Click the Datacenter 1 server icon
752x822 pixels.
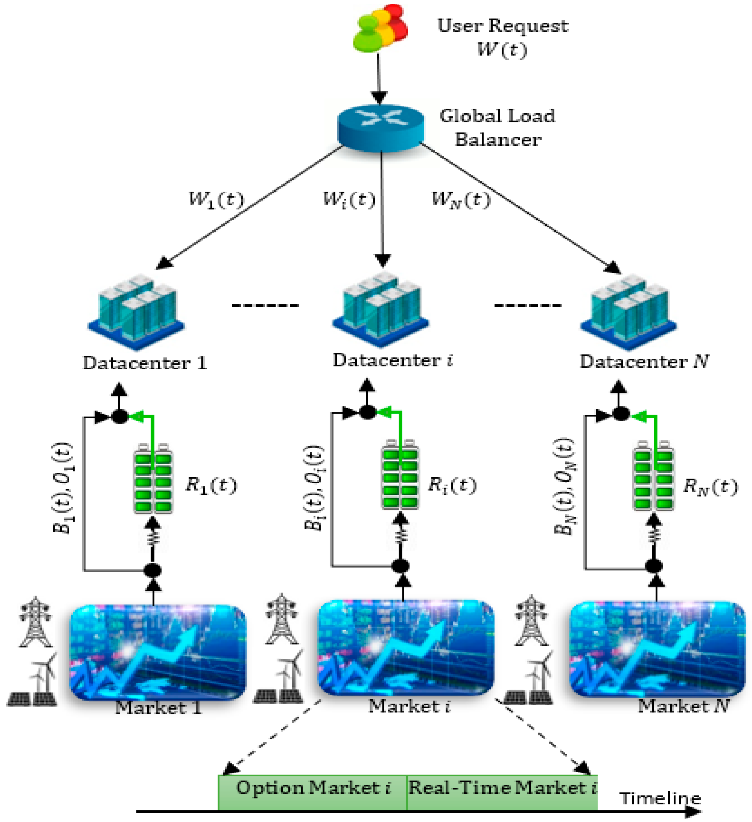tap(137, 312)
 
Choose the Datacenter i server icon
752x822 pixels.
tap(381, 310)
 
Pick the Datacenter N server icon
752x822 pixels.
tap(628, 312)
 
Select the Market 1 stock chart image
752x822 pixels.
tap(158, 652)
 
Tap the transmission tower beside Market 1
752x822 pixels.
tap(36, 622)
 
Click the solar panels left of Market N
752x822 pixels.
tap(528, 697)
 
